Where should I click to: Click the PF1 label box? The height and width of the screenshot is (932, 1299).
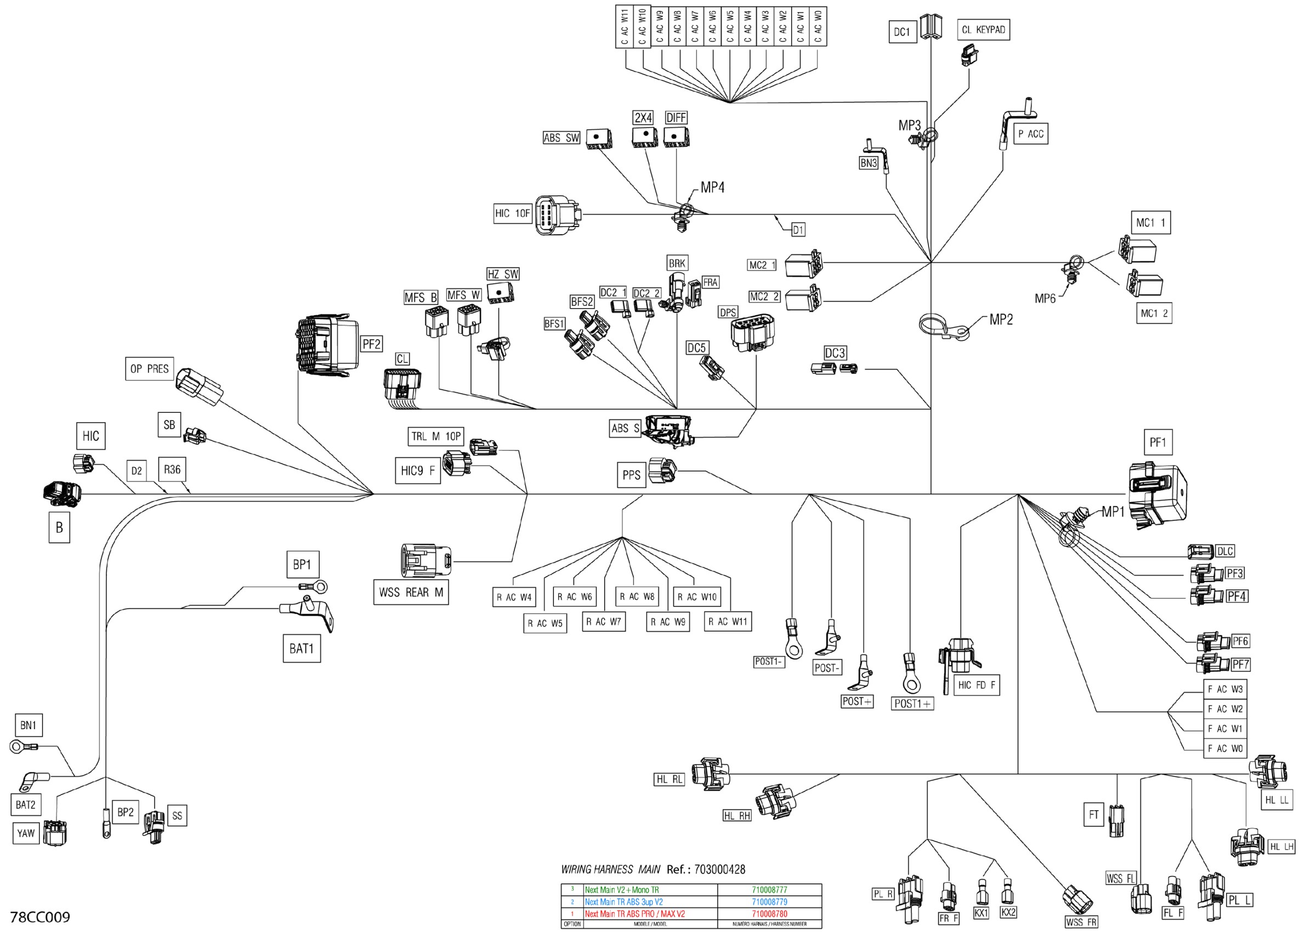tap(1157, 442)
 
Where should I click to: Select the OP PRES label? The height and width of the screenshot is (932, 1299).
tap(149, 368)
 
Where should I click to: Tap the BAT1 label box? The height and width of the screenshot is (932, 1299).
tap(301, 649)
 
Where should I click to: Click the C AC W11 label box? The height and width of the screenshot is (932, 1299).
tap(625, 26)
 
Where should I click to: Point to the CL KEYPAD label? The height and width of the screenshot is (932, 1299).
tap(983, 30)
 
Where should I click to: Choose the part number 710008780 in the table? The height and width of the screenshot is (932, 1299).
tap(769, 914)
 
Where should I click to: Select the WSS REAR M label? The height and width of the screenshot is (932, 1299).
tap(411, 593)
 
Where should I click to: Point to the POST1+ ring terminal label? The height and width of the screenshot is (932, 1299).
tap(913, 703)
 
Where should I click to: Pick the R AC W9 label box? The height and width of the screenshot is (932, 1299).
tap(668, 622)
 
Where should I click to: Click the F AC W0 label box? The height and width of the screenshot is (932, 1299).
tap(1224, 748)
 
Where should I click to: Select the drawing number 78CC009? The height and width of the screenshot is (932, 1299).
tap(40, 917)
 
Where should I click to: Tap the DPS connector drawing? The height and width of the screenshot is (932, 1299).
tap(751, 332)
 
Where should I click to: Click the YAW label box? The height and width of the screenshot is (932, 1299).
tap(26, 833)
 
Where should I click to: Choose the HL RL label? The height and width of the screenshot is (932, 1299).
tap(669, 779)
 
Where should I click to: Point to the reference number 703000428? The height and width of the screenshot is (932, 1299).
tap(719, 869)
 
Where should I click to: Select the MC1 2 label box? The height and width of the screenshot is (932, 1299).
tap(1154, 313)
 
